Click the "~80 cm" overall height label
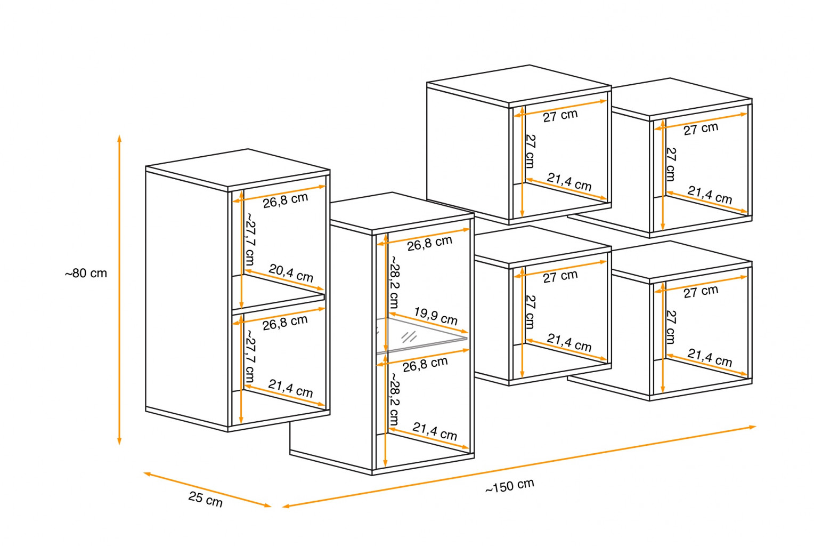[x=86, y=274]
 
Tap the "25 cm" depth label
[x=205, y=499]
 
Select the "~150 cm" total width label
[x=509, y=486]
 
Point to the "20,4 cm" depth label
[x=291, y=273]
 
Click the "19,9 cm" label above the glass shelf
[x=436, y=316]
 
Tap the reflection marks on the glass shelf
[x=409, y=336]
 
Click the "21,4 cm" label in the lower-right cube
[x=710, y=357]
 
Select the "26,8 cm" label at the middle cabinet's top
[x=429, y=243]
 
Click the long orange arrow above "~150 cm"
[x=519, y=466]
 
